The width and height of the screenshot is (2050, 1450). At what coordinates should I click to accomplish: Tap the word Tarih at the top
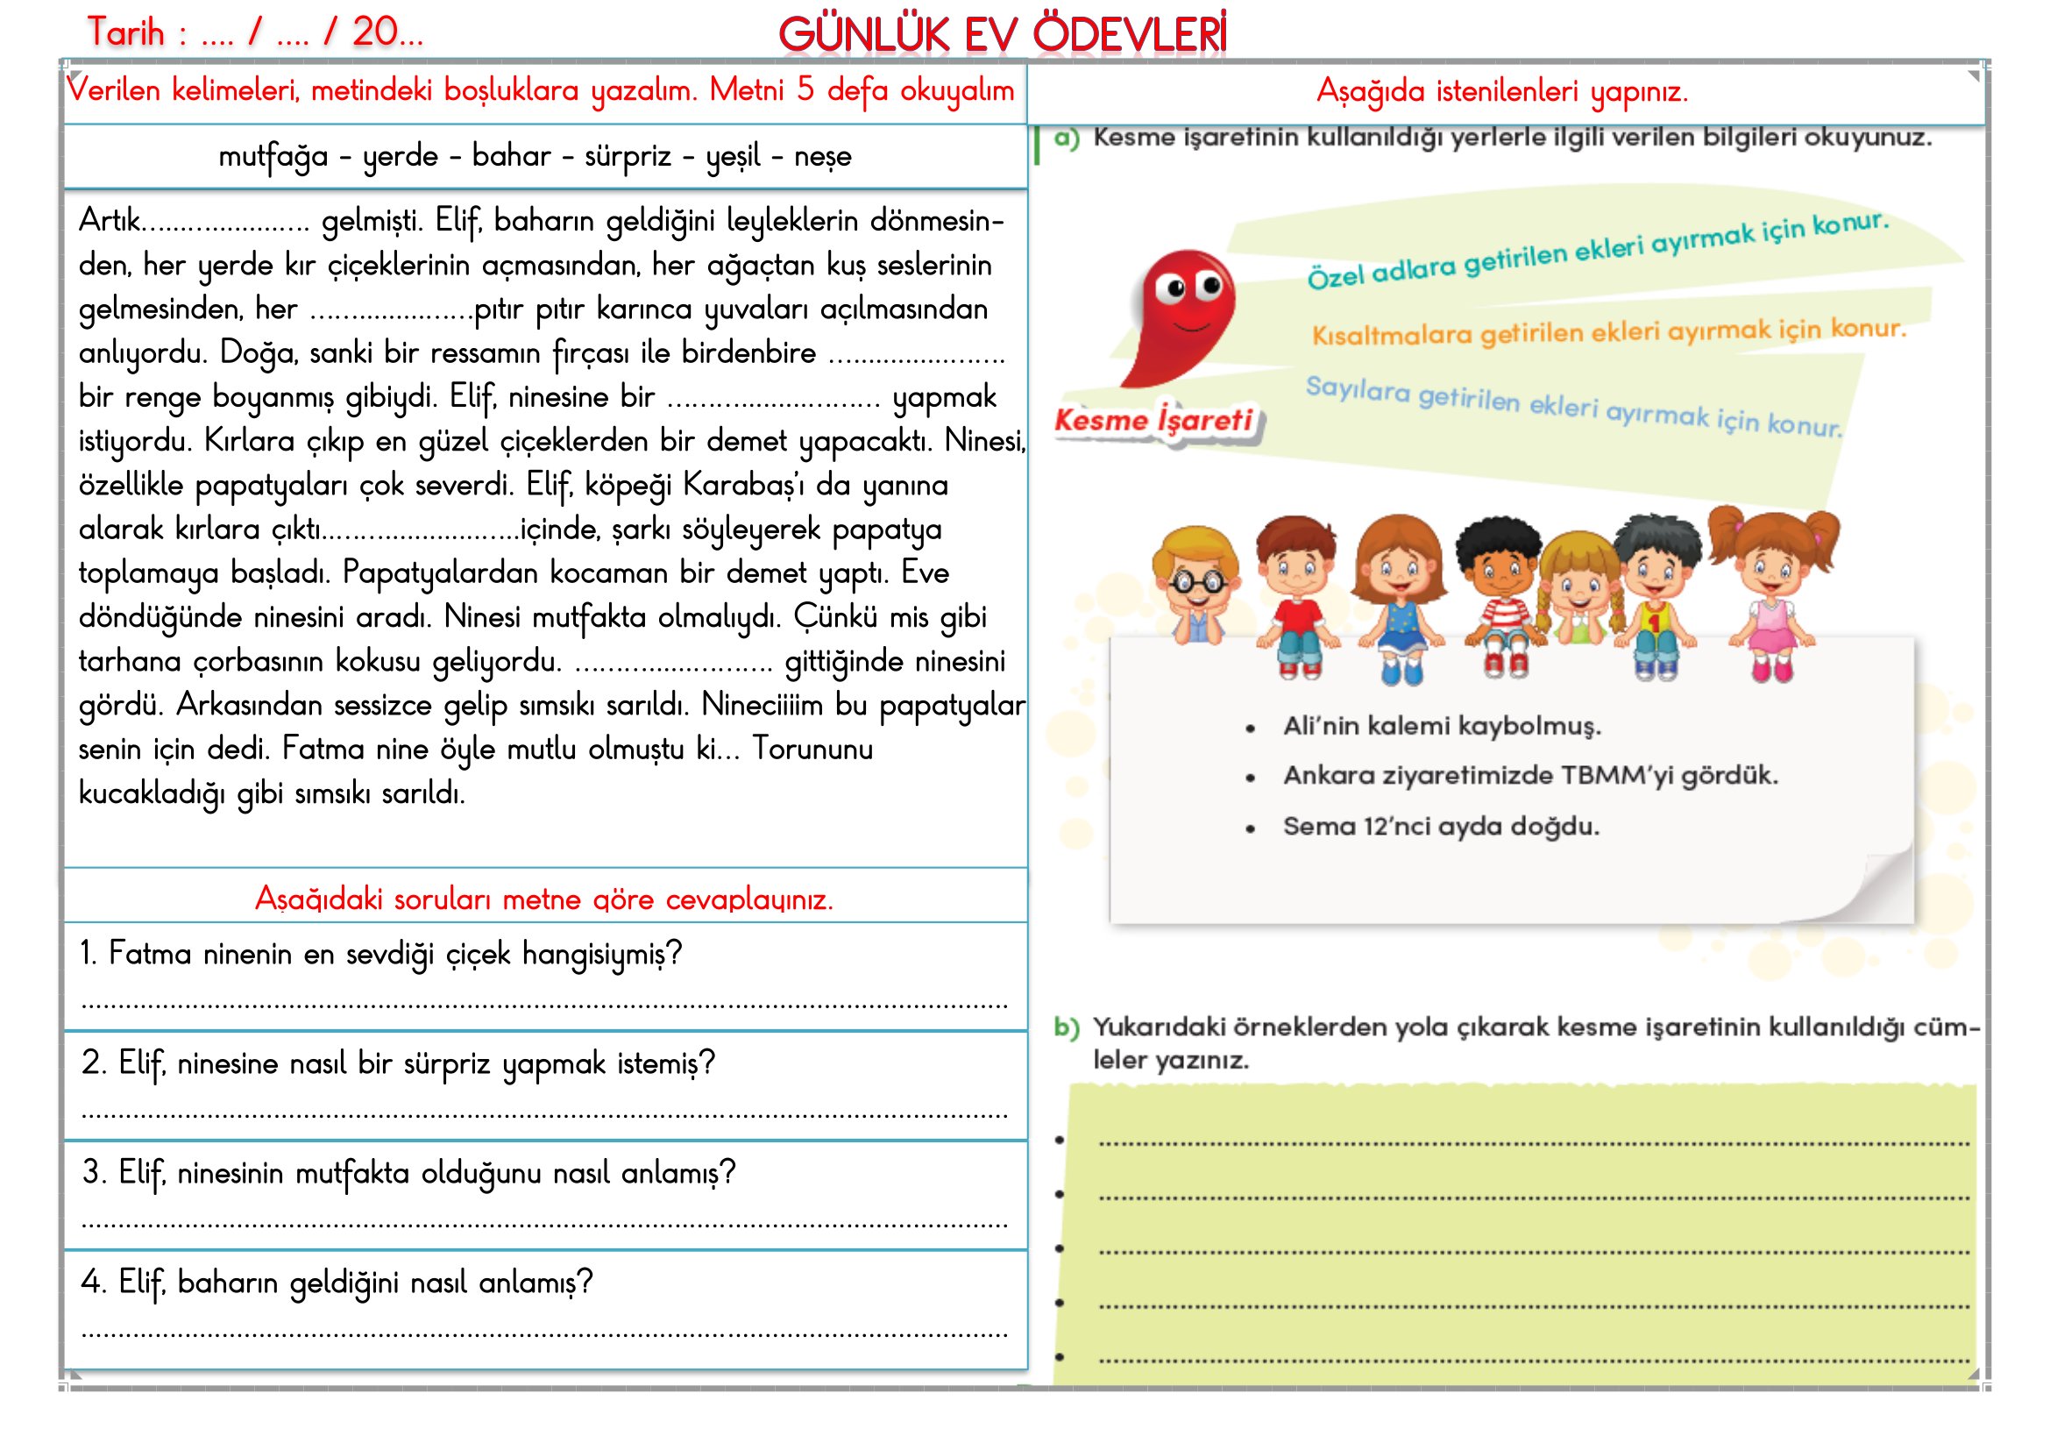[126, 33]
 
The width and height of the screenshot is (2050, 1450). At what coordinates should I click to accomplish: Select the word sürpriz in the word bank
[627, 156]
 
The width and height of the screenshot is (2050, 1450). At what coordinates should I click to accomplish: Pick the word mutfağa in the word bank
[273, 157]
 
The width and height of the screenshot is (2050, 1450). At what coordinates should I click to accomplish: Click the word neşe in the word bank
[821, 157]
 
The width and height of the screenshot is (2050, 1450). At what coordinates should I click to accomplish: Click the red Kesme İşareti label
[1153, 419]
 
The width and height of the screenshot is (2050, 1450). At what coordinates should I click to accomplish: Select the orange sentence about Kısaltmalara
[1607, 332]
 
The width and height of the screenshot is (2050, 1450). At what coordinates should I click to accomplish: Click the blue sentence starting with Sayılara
[1572, 405]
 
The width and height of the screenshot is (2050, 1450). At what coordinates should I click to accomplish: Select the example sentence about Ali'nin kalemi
[1441, 726]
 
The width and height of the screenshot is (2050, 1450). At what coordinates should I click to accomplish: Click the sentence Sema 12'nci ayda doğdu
[1440, 826]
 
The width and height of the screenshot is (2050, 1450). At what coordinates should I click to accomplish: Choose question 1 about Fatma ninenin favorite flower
[380, 954]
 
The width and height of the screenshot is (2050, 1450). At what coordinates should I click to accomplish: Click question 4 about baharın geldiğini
[337, 1283]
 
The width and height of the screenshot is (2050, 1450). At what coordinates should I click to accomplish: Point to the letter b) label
[1066, 1027]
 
